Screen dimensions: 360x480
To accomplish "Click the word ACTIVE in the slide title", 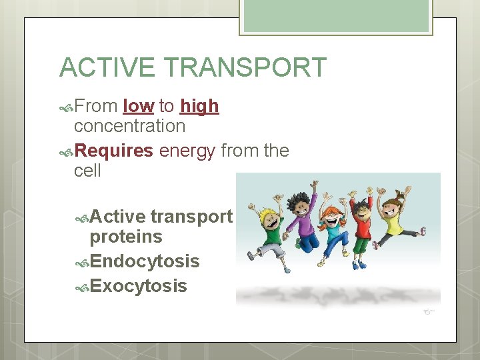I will (107, 68).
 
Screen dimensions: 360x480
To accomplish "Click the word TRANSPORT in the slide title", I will (245, 68).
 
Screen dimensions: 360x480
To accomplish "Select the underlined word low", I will (139, 106).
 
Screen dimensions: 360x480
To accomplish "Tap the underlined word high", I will (199, 106).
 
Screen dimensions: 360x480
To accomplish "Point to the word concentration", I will (129, 125).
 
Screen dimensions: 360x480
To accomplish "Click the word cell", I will (87, 171).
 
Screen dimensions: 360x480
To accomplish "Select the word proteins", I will (126, 237).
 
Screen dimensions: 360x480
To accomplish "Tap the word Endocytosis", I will (145, 261).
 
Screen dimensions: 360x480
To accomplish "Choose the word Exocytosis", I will (138, 286).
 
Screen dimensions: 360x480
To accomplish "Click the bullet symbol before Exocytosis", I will (82, 287).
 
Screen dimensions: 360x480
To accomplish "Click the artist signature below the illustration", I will (429, 311).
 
